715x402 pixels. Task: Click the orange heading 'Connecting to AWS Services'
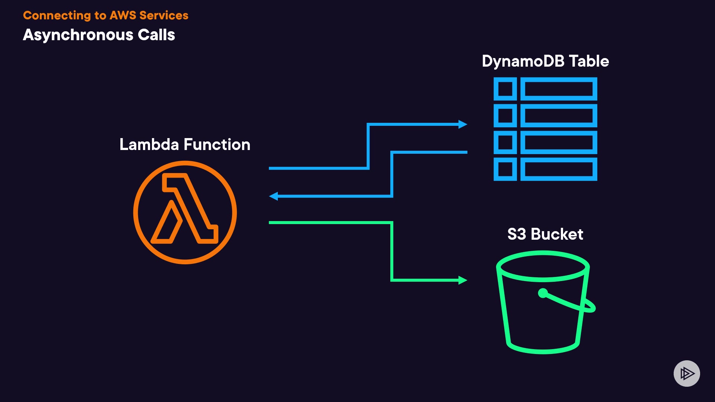coord(105,15)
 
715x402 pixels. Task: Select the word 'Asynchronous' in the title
coord(78,35)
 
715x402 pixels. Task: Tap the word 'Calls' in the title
coord(156,35)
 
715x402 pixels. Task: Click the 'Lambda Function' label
coord(185,144)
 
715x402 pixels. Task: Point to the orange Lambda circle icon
coord(185,212)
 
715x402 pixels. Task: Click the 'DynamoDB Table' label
coord(545,61)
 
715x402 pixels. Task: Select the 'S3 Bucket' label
coord(545,234)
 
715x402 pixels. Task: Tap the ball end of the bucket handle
coord(543,293)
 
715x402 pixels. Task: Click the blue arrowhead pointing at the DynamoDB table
coord(463,124)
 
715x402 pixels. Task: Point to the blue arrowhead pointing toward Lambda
coord(274,196)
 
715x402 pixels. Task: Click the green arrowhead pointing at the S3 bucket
coord(463,280)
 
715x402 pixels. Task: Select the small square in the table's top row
coord(505,89)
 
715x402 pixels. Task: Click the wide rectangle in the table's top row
coord(559,89)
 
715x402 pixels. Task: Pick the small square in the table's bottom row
coord(505,169)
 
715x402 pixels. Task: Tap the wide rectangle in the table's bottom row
coord(559,169)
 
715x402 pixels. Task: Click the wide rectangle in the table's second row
coord(559,116)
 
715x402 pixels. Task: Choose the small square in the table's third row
coord(505,143)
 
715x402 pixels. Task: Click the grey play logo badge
coord(687,373)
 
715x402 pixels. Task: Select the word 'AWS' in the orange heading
coord(123,15)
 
